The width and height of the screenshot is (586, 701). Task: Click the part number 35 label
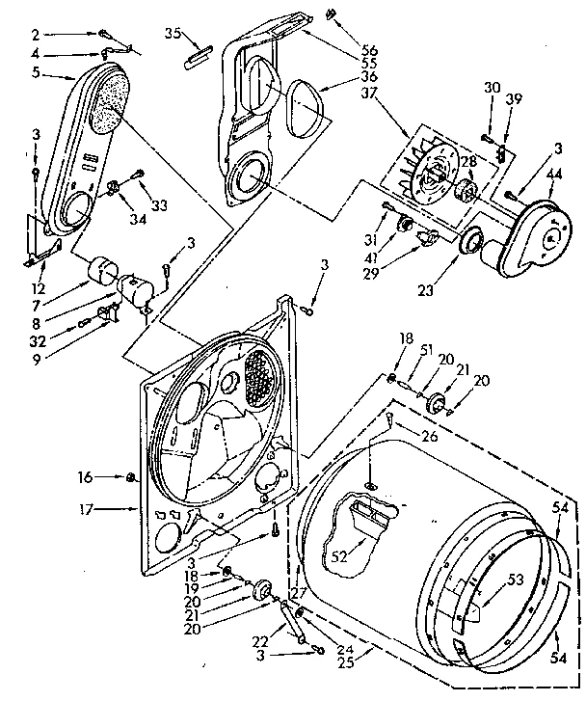click(x=173, y=33)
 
